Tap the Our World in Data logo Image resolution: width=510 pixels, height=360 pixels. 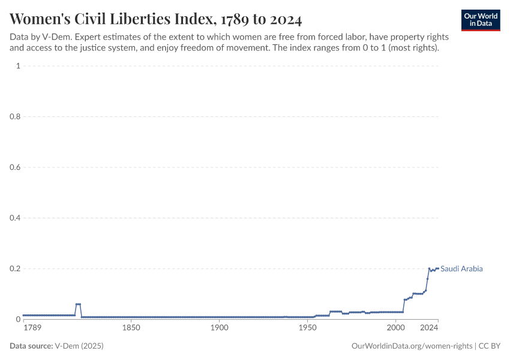(481, 20)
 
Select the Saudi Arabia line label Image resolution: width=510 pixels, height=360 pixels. (461, 269)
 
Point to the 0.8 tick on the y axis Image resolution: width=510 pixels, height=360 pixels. (14, 116)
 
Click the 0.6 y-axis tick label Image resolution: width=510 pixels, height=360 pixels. (14, 167)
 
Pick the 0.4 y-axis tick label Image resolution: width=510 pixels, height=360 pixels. (14, 218)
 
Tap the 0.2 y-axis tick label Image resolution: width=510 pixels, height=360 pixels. (14, 269)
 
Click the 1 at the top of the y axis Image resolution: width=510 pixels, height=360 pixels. (18, 66)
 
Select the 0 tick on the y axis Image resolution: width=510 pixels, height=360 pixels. (17, 319)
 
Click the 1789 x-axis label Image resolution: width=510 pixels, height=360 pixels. (32, 328)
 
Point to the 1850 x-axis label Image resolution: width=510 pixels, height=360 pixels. (131, 328)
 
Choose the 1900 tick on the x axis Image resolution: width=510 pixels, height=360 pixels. (219, 328)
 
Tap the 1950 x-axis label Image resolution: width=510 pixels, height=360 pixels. (307, 328)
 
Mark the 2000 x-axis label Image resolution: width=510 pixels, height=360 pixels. (395, 328)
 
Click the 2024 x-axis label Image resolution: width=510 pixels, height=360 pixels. (429, 328)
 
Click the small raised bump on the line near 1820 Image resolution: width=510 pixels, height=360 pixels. (78, 304)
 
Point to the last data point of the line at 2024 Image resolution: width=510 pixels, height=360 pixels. (438, 268)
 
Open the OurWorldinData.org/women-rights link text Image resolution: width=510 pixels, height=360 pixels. (411, 346)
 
